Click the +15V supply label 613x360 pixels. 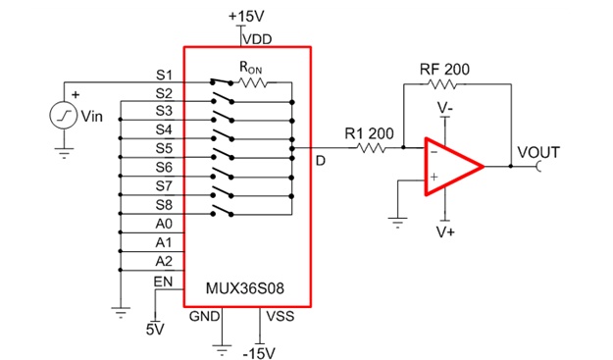coord(246,17)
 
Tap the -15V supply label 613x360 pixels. coord(259,353)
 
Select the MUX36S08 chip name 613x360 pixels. coord(245,288)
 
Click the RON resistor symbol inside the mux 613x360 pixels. coord(252,82)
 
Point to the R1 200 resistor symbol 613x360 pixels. coord(371,148)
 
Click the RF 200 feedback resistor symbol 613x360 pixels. coord(441,84)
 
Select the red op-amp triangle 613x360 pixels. coord(453,166)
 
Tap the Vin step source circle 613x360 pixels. coord(64,116)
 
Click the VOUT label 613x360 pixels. coord(538,152)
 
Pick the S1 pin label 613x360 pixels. coord(164,76)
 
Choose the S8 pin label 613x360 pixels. coord(164,205)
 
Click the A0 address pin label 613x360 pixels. coord(164,224)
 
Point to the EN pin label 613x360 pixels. coord(163,282)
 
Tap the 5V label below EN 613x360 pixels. coord(155,330)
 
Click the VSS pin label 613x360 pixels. coord(281,316)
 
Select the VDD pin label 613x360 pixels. coord(257,39)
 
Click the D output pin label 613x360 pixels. coord(320,161)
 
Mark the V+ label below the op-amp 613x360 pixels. coord(445,232)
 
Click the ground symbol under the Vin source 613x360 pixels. coord(64,152)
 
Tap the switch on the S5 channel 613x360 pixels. coord(223,153)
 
